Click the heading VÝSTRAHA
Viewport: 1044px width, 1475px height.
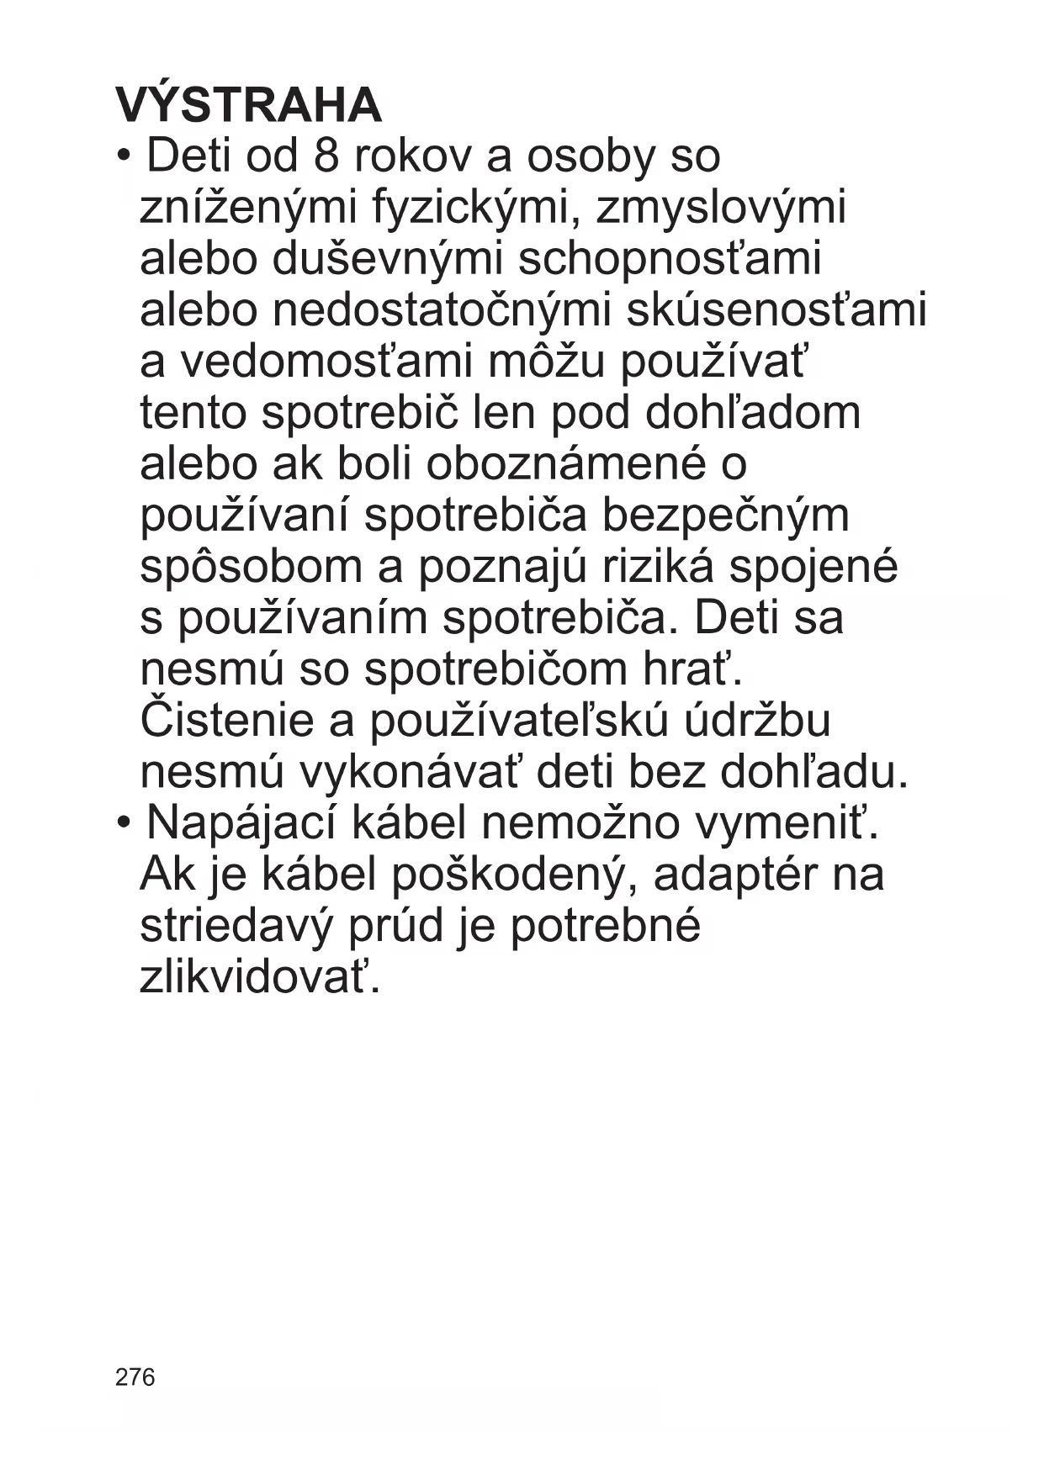tap(249, 105)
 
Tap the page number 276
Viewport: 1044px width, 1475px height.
tap(135, 1377)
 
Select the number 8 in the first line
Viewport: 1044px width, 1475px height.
tap(326, 156)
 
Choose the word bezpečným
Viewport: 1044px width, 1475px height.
tap(725, 515)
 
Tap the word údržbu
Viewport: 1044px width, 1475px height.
tap(758, 721)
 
